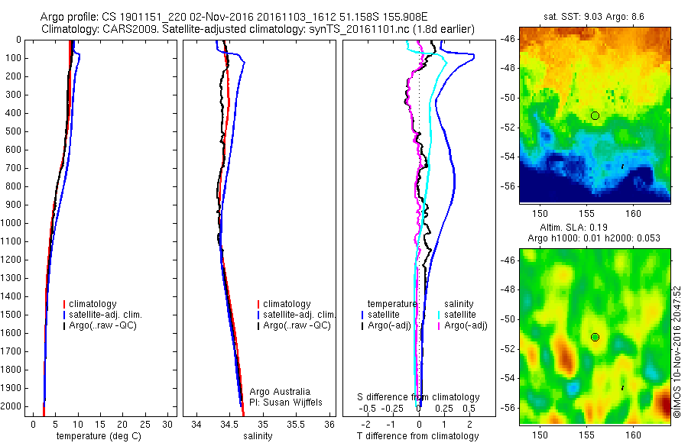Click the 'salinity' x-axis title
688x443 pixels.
(257, 436)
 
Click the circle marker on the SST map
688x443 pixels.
(595, 115)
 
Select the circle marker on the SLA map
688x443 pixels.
(595, 337)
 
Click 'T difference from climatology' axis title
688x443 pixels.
(417, 436)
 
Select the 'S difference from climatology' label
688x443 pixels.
(419, 397)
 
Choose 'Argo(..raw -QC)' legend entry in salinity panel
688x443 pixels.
(296, 325)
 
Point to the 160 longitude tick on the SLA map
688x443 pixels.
(634, 435)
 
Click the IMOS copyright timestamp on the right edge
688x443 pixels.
(677, 351)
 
